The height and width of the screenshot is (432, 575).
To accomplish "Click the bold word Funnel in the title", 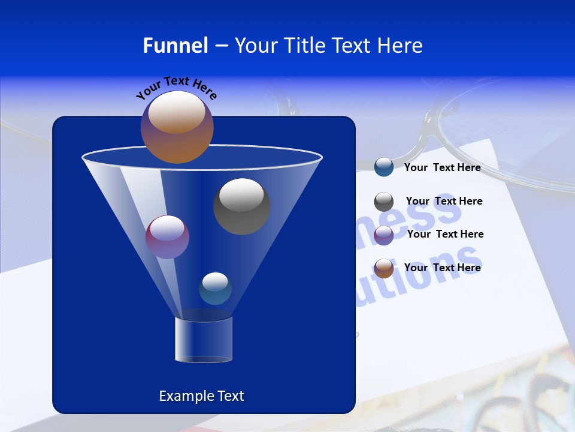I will (x=175, y=46).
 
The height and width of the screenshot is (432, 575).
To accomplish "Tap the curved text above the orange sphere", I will (x=176, y=87).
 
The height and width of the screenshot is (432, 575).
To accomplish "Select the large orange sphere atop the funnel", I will (x=177, y=127).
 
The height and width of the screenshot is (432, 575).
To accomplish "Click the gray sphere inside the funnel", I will (x=241, y=206).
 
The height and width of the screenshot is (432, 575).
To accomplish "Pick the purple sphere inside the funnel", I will (x=167, y=236).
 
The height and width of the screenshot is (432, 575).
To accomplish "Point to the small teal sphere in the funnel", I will (x=215, y=288).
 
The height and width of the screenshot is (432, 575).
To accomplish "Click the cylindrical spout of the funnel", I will (x=204, y=340).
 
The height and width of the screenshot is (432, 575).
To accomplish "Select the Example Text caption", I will (x=201, y=396).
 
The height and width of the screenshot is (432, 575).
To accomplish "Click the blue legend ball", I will (x=384, y=167).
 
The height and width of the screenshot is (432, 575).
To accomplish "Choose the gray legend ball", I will (x=384, y=202).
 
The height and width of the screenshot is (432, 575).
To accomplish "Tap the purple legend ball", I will (x=384, y=235).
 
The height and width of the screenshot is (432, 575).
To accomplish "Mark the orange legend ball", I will (x=384, y=268).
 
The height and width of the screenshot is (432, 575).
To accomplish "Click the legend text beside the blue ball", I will (x=442, y=168).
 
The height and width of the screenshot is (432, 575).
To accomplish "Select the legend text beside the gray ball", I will (x=444, y=201).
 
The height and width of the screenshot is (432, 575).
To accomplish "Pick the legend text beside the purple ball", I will (x=445, y=234).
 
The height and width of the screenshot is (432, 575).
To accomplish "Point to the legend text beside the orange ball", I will (x=442, y=268).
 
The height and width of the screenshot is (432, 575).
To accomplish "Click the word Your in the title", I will (x=253, y=46).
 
